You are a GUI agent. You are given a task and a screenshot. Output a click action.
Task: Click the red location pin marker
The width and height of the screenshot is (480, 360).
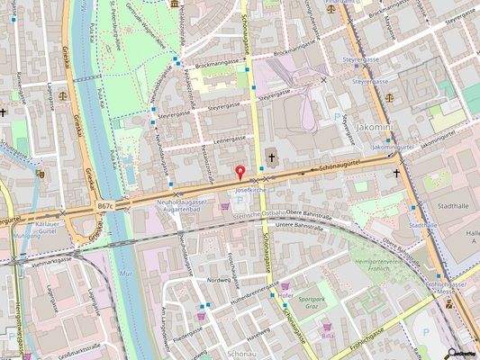[240, 173]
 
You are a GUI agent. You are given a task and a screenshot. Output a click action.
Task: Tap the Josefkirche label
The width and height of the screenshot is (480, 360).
[248, 191]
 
